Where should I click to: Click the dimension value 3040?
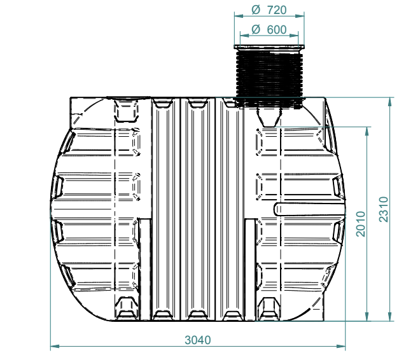(x=198, y=340)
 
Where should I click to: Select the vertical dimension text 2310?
(x=384, y=209)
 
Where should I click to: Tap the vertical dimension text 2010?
(x=361, y=224)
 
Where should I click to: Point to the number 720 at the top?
(x=277, y=10)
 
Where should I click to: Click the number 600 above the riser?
(x=277, y=29)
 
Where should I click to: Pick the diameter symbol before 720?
(x=256, y=10)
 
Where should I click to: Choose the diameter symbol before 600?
(x=256, y=29)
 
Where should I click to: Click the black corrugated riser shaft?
(x=269, y=78)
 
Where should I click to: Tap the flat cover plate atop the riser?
(x=269, y=47)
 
